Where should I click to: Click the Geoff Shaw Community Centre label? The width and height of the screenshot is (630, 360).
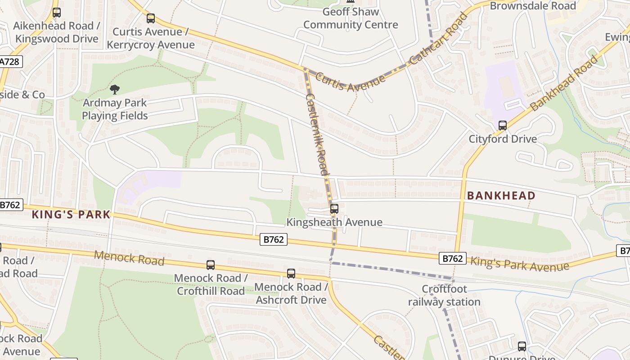pos(351,18)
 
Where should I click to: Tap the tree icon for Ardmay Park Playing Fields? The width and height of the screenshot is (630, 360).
pos(115,90)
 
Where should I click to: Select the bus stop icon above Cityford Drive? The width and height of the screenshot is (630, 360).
pos(503,126)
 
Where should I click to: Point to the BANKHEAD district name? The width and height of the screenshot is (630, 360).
pos(501,196)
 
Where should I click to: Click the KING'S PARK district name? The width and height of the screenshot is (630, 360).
pos(71,215)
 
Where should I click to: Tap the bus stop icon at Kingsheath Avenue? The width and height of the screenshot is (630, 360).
pos(334,209)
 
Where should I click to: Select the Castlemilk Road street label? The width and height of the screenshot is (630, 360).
pos(317,134)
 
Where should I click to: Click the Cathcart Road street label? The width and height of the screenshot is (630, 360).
pos(439,40)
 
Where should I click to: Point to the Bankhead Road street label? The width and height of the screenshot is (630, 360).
pos(565,83)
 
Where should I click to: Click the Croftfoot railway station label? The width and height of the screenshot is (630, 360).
pos(444,295)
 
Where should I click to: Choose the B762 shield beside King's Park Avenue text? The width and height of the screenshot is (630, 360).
pos(453,258)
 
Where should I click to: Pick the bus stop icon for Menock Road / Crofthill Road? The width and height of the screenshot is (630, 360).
pos(211,265)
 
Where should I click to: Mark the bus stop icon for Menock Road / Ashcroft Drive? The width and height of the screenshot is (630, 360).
pos(291,274)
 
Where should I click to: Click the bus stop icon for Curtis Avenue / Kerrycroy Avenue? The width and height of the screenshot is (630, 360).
pos(151,18)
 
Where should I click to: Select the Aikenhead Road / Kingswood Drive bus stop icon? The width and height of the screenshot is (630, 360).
pos(56,13)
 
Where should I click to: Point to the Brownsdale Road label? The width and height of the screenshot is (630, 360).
pos(533,6)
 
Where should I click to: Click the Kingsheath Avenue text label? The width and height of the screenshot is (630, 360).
pos(334,222)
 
